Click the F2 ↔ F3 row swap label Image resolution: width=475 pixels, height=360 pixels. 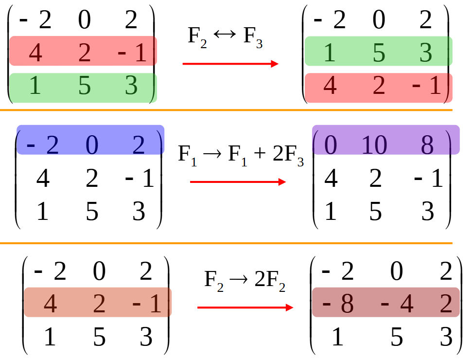click(225, 38)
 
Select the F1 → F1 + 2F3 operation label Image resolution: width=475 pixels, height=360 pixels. click(241, 155)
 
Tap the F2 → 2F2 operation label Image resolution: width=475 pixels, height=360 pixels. click(245, 281)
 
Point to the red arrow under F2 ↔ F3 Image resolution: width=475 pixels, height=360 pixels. click(230, 64)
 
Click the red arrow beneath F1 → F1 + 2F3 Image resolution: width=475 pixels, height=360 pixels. click(238, 182)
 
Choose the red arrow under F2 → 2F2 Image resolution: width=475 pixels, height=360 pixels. click(245, 307)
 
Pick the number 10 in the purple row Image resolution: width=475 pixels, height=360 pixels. click(374, 145)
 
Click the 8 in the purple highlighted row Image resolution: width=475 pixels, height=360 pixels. click(427, 145)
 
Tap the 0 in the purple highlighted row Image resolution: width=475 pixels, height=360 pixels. click(330, 145)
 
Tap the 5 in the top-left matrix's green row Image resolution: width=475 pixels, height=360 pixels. click(84, 87)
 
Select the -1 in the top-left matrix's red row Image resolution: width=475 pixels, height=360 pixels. click(132, 53)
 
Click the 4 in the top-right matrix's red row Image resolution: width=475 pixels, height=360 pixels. click(330, 87)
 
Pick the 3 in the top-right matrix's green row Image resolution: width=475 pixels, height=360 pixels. click(425, 53)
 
